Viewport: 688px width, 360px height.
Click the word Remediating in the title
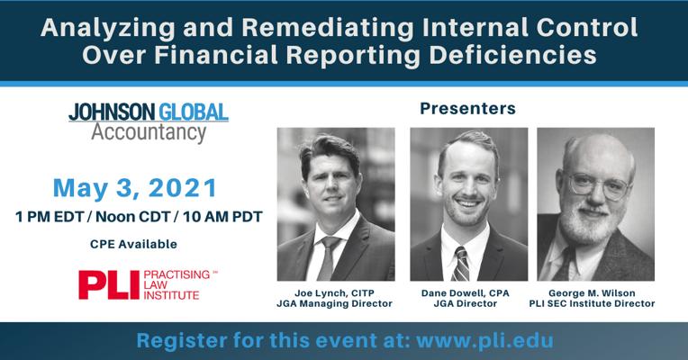point(327,28)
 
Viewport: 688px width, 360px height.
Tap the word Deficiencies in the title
point(512,56)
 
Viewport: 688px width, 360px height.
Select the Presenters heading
point(467,108)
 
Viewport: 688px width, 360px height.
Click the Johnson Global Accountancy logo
point(149,122)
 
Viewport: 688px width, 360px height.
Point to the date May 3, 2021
point(135,188)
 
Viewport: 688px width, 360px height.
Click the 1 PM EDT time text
point(50,217)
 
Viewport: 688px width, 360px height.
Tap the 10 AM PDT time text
point(222,217)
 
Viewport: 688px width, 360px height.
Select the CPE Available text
point(133,244)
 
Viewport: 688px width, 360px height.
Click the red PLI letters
point(109,284)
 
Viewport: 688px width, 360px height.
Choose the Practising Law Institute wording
point(180,285)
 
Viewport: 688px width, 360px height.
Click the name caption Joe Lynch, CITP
point(334,292)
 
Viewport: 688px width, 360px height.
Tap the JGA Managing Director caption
point(334,303)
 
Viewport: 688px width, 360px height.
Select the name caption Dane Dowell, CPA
point(465,292)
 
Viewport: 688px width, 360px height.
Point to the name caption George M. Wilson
point(592,292)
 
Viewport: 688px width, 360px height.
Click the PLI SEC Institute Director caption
point(592,303)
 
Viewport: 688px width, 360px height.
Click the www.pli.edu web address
point(484,341)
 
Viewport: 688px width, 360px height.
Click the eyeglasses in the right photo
point(599,186)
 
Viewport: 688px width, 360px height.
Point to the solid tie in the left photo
point(327,258)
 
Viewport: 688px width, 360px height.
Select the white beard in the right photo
point(588,223)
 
